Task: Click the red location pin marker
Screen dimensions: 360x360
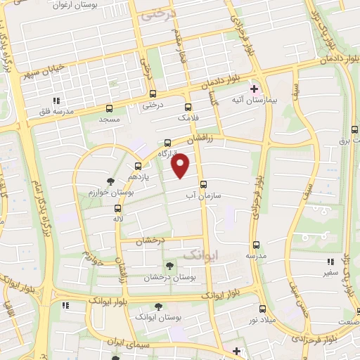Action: [181, 166]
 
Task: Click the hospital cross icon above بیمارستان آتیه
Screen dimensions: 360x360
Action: [254, 89]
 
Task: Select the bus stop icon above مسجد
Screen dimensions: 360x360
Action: [109, 108]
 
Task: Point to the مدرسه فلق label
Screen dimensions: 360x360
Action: [53, 111]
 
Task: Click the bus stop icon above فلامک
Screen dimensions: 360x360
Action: [187, 107]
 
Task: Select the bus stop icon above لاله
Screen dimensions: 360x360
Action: [117, 208]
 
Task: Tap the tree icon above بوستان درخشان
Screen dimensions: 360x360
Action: [168, 265]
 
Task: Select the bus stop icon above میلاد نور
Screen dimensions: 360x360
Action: [262, 309]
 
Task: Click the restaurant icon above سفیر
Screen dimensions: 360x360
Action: [330, 262]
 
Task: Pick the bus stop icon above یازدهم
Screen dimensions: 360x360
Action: [137, 166]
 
